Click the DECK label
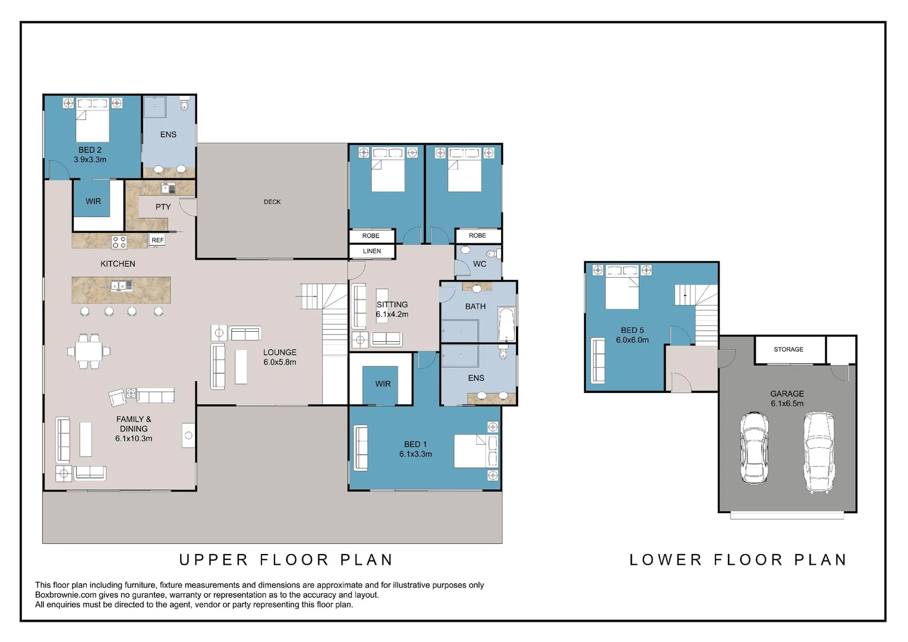coord(272,202)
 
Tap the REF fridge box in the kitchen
coord(157,240)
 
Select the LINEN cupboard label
coord(372,251)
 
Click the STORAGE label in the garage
coord(788,349)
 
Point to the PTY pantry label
coord(163,207)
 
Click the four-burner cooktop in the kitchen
coord(119,242)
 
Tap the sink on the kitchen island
coord(122,285)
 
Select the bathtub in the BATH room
coord(506,325)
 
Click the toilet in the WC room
coord(493,254)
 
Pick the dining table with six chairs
coord(89,351)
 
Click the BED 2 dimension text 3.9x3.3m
coord(90,160)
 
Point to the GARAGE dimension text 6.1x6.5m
coord(787,404)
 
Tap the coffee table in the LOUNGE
coord(241,367)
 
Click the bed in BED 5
coord(622,287)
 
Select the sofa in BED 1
coord(361,448)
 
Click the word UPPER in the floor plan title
coord(213,560)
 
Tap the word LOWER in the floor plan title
coord(666,560)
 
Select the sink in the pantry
coord(168,188)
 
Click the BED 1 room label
coord(415,445)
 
